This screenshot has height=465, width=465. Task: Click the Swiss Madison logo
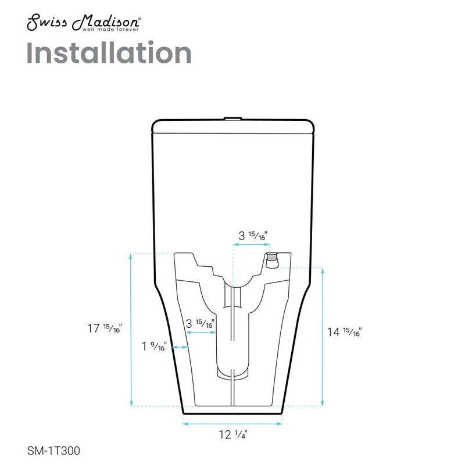coord(82,23)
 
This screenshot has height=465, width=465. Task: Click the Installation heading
coord(109,53)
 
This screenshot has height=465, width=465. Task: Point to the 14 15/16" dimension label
coord(345,332)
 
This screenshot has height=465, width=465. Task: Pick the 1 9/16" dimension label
coord(155,348)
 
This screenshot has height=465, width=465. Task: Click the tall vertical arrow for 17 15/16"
coord(131,330)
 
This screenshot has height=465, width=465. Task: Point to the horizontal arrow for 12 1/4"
coord(233,424)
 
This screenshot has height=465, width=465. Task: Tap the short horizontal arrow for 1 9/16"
coord(179,348)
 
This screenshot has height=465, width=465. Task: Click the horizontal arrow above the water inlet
coord(252,245)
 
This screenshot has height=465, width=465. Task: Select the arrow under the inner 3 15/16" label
coord(201,334)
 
